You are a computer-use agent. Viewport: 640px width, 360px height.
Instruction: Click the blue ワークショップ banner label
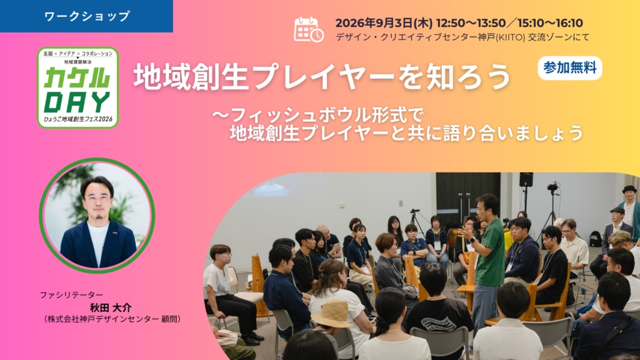point(86,16)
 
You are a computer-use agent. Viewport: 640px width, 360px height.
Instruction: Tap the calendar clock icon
point(309,29)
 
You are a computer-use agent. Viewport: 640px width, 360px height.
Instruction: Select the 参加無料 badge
point(570,67)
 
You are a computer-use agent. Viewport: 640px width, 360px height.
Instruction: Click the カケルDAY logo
point(78,87)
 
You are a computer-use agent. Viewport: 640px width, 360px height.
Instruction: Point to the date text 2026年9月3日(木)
point(383,23)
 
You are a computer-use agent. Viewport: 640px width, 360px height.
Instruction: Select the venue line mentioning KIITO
point(462,37)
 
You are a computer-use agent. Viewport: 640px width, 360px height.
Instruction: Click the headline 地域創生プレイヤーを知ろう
point(322,77)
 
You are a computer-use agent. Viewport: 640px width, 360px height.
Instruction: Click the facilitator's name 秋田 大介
point(111,307)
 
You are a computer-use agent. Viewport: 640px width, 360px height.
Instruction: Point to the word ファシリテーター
point(71,295)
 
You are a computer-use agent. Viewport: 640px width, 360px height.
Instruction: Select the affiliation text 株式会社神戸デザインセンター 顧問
point(112,319)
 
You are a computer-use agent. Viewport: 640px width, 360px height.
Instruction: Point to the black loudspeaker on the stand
point(526,179)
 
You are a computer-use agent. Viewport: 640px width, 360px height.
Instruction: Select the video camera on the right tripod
point(552,187)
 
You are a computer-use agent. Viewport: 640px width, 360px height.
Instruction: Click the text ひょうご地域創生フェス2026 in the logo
point(78,119)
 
